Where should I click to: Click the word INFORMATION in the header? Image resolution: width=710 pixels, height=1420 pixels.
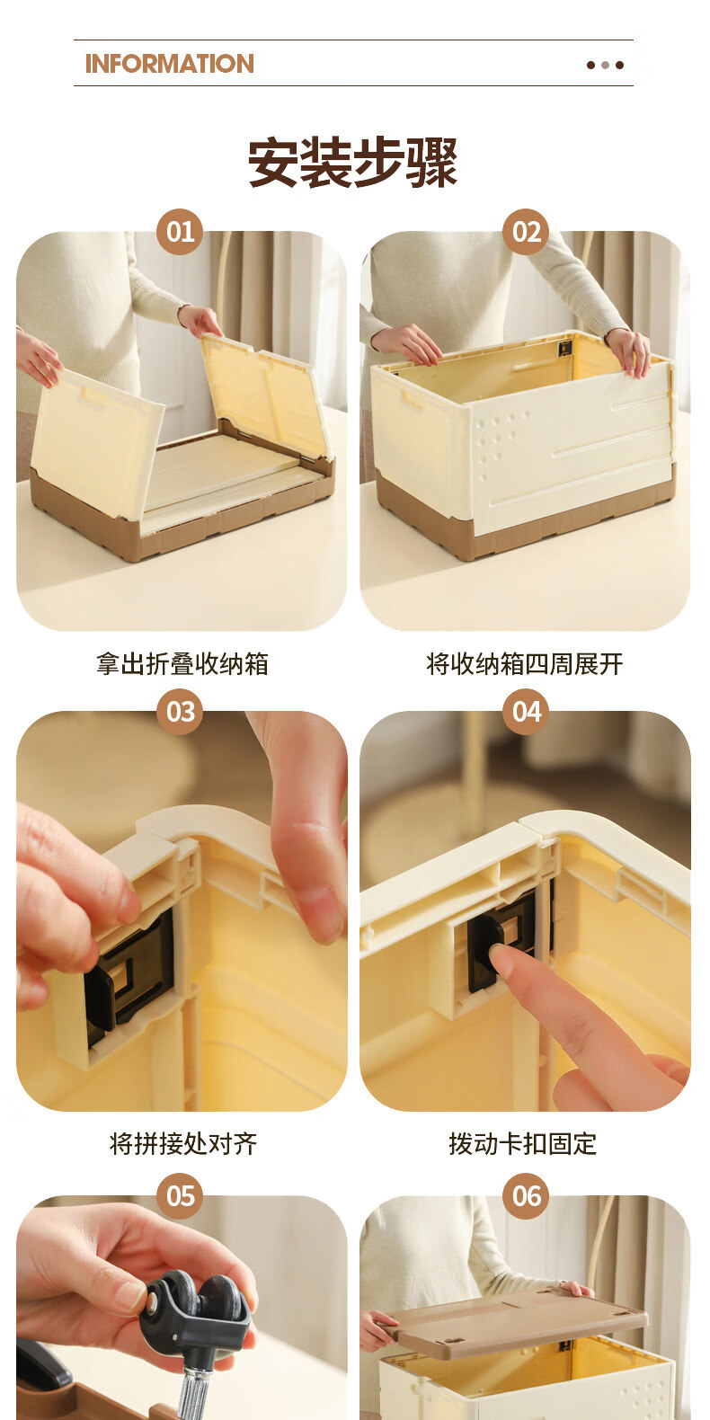pyautogui.click(x=169, y=64)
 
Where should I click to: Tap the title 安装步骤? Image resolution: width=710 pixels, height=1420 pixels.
pyautogui.click(x=352, y=163)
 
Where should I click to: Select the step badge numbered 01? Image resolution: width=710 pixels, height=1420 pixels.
pyautogui.click(x=180, y=231)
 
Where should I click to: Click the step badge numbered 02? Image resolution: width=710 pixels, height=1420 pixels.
pyautogui.click(x=526, y=231)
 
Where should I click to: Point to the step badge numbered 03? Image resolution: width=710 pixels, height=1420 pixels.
pyautogui.click(x=180, y=711)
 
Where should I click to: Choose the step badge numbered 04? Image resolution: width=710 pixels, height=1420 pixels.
pyautogui.click(x=526, y=711)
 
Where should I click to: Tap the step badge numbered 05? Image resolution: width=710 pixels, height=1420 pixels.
pyautogui.click(x=180, y=1195)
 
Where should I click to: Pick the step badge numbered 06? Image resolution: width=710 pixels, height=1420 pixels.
pyautogui.click(x=526, y=1195)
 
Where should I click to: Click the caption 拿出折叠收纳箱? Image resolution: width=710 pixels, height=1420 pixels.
pyautogui.click(x=182, y=664)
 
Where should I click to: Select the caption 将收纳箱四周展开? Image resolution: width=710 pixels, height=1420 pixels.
pyautogui.click(x=525, y=664)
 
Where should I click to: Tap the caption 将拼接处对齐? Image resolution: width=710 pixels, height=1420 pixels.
pyautogui.click(x=183, y=1143)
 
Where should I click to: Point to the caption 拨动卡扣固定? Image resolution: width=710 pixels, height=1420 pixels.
pyautogui.click(x=523, y=1143)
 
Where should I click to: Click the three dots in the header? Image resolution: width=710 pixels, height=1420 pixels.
pyautogui.click(x=605, y=65)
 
